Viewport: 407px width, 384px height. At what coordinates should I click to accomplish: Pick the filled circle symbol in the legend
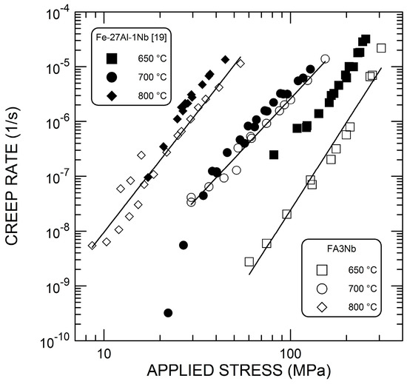(x=111, y=77)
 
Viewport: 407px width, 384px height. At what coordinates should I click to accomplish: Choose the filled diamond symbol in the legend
(x=111, y=95)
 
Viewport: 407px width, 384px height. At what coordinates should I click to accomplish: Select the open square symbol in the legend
(x=321, y=269)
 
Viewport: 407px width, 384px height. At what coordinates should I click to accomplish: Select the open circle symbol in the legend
(x=321, y=288)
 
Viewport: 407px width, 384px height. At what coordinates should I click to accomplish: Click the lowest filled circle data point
(x=168, y=313)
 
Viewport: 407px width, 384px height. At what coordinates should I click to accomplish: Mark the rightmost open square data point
(x=381, y=48)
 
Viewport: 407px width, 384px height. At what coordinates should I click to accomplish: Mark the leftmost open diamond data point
(x=92, y=246)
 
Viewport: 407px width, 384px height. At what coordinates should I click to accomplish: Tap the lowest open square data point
(x=249, y=261)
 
